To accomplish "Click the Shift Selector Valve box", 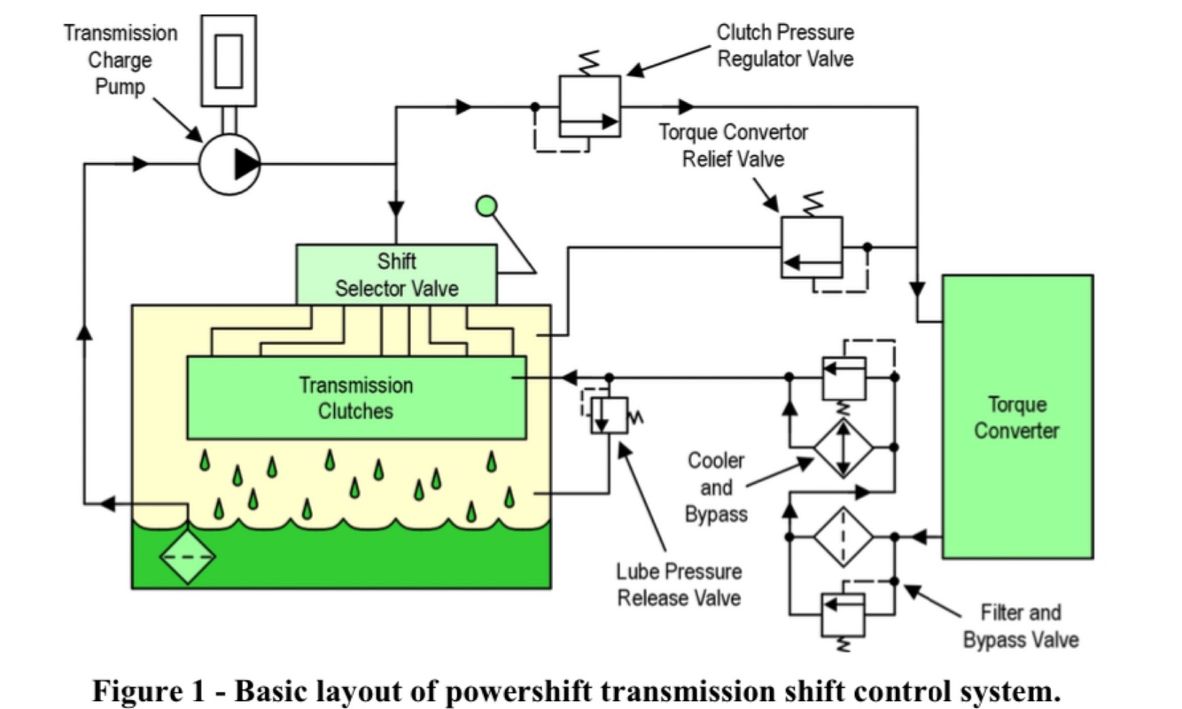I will click(395, 275).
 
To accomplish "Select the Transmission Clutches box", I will click(356, 398).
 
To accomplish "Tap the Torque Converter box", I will click(1016, 417).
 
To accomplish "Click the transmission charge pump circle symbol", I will click(229, 163).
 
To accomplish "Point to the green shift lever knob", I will click(486, 206).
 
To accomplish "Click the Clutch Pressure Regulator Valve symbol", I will click(589, 106).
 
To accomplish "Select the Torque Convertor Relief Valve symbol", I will click(811, 246).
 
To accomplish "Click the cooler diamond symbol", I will click(844, 448).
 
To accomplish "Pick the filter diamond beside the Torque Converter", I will click(844, 537).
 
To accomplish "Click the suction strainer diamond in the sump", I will click(188, 557).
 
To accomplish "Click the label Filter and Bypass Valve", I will click(1020, 626).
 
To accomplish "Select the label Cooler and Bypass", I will click(716, 487).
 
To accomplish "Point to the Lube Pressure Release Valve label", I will click(679, 585).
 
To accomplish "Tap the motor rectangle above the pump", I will click(228, 59).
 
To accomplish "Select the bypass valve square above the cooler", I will click(844, 378).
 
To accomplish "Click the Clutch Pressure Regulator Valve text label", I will click(785, 46).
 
